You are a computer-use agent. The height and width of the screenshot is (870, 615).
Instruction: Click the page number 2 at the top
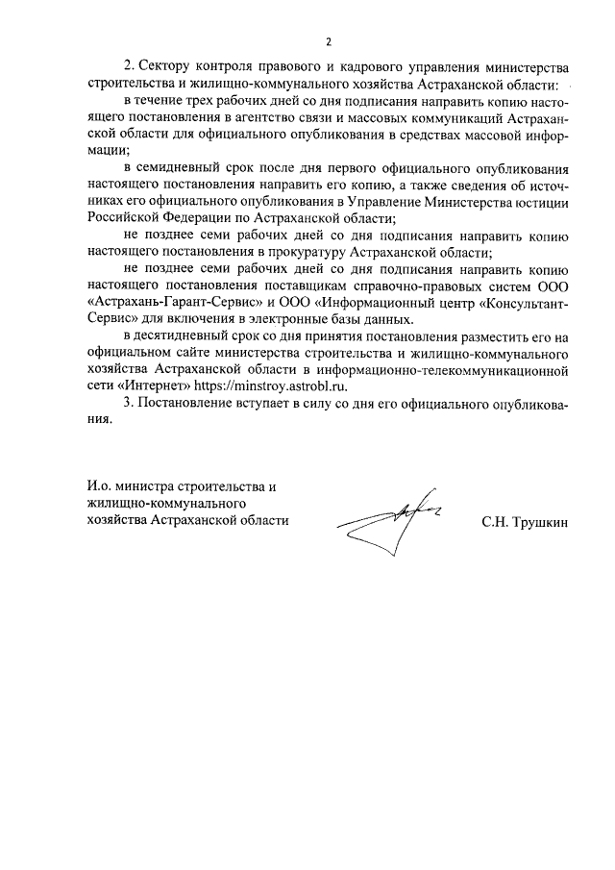[328, 41]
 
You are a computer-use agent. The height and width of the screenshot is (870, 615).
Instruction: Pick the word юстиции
[542, 202]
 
